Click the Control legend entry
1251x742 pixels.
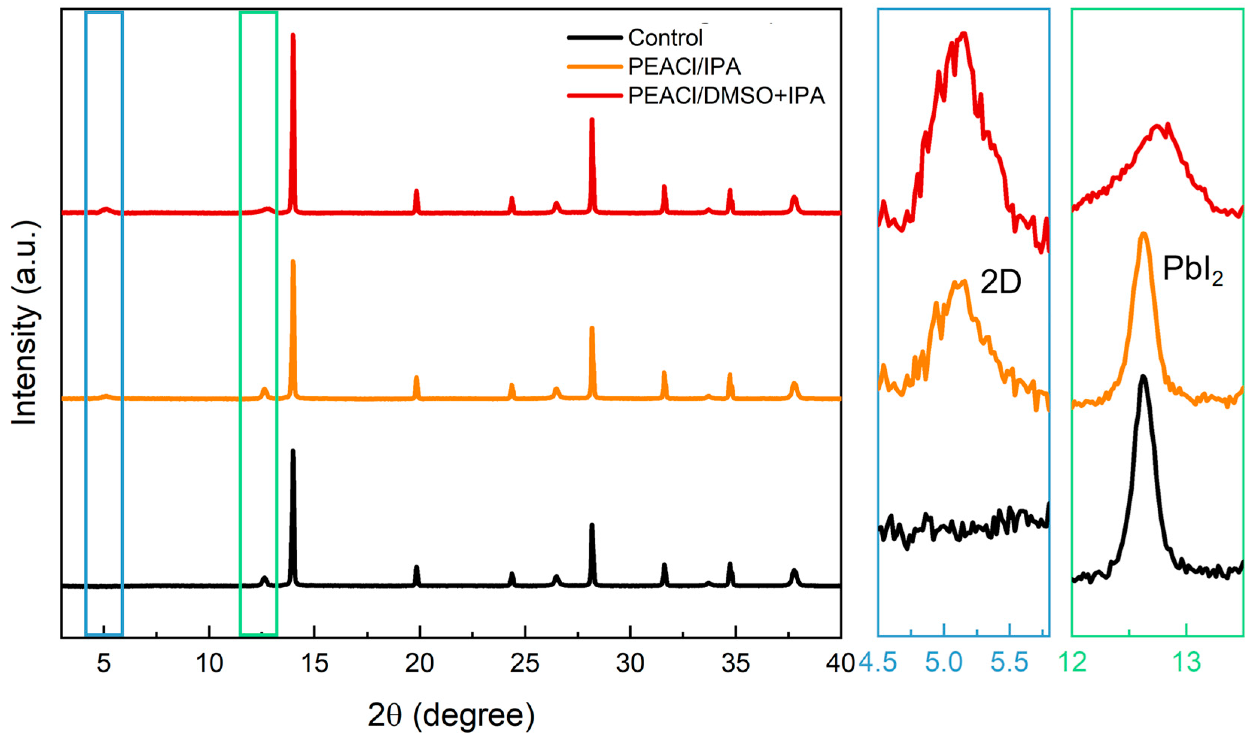665,38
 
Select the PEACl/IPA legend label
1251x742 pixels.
684,67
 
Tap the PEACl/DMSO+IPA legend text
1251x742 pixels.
726,96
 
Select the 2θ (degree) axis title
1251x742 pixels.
451,715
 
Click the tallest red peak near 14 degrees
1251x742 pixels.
293,35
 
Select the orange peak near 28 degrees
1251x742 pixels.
592,328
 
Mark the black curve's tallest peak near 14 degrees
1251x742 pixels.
293,451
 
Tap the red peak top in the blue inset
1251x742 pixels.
964,34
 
